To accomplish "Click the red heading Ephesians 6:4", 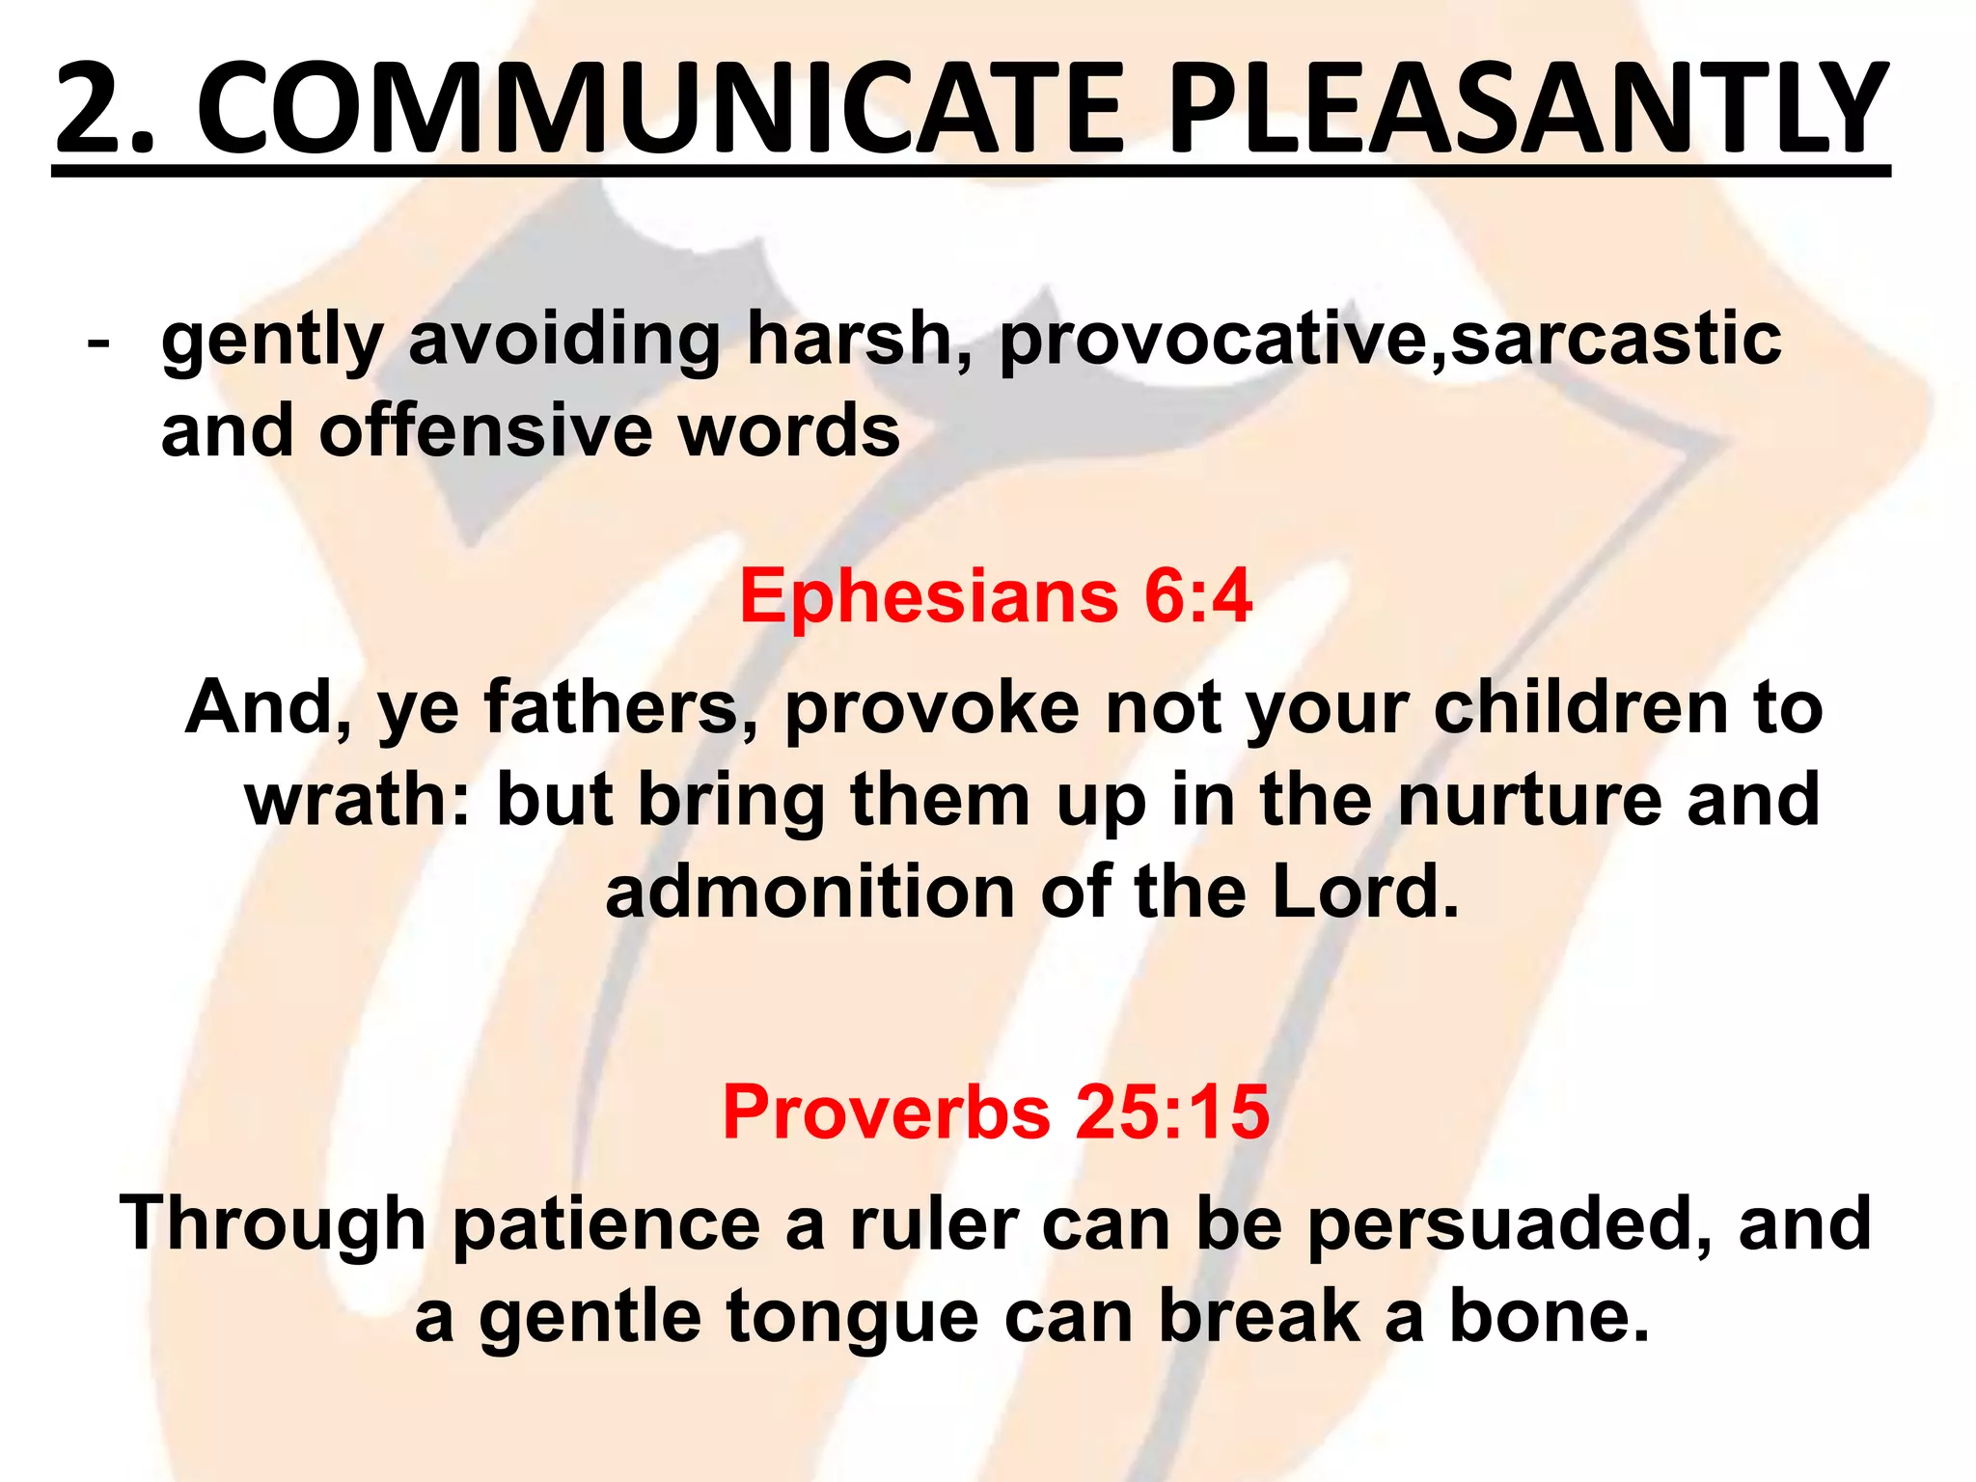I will coord(995,596).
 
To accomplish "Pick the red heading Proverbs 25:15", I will coord(995,1111).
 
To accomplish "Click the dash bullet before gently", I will coord(96,343).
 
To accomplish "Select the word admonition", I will coord(809,892).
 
